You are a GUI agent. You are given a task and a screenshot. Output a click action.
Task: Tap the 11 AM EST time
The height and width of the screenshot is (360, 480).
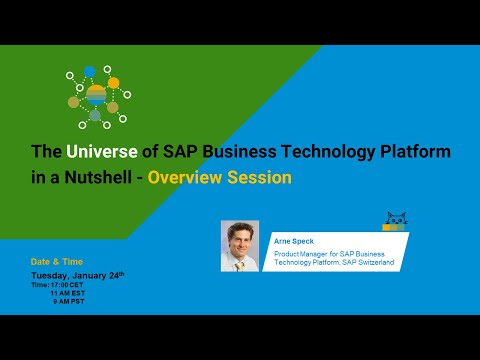click(x=73, y=292)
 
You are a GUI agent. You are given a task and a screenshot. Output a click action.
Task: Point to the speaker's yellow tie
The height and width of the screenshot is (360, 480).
click(x=240, y=262)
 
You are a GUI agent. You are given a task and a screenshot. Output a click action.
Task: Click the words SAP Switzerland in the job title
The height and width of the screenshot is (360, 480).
click(x=366, y=262)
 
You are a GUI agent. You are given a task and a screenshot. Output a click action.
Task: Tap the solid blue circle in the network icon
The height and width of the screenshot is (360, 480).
click(x=90, y=71)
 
